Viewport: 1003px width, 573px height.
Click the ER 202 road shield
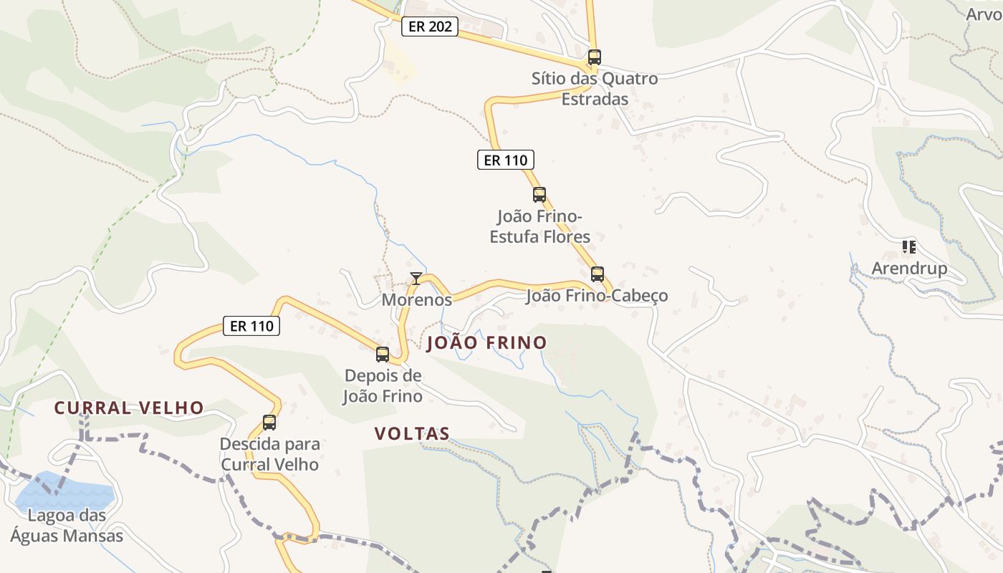429,27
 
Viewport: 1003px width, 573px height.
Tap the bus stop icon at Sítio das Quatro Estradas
594,57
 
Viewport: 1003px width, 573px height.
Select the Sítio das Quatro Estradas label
595,88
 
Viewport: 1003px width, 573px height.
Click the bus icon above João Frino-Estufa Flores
539,194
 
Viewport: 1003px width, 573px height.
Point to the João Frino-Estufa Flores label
540,226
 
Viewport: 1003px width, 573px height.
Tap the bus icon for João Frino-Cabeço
598,274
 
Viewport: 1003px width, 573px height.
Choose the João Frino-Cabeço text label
597,296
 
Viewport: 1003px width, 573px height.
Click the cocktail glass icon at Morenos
416,278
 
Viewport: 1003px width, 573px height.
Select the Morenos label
416,299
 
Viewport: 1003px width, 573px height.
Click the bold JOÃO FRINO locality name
486,343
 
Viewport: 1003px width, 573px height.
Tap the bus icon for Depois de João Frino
383,354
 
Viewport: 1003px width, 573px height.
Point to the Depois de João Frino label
383,385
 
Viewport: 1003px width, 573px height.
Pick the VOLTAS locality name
412,433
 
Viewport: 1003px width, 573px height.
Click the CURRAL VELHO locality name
130,408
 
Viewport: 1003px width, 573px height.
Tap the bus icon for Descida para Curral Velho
269,423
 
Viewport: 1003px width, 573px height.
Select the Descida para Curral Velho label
269,454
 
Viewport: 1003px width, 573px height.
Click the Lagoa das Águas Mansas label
67,525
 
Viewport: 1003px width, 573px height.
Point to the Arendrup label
909,269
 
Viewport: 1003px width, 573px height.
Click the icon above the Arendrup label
909,247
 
